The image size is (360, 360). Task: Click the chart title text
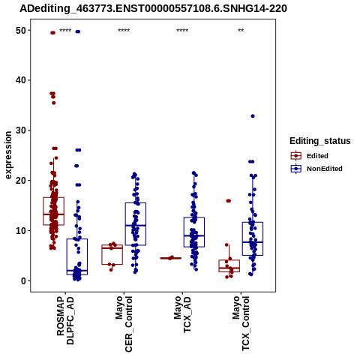coord(153,9)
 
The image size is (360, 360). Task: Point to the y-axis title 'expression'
coord(8,155)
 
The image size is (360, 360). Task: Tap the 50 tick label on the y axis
coord(21,31)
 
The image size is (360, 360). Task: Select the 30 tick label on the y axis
coord(21,130)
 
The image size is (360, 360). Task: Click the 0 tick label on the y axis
coord(24,280)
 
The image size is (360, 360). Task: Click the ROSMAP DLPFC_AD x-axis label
coord(65,321)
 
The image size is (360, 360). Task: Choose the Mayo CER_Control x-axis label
coord(124,324)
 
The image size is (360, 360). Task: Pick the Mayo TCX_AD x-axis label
coord(182,314)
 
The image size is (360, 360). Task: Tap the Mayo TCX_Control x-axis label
coord(241,323)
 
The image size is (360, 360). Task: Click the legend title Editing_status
coord(320,141)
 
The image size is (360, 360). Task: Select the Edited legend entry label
coord(317,156)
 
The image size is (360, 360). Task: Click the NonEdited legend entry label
coord(325,169)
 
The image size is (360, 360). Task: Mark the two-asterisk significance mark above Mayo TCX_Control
coord(241,31)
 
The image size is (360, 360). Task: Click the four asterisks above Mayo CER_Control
coord(124,31)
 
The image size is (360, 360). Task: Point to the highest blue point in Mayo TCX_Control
coord(253,116)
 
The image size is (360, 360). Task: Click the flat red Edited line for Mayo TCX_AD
coord(171,258)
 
